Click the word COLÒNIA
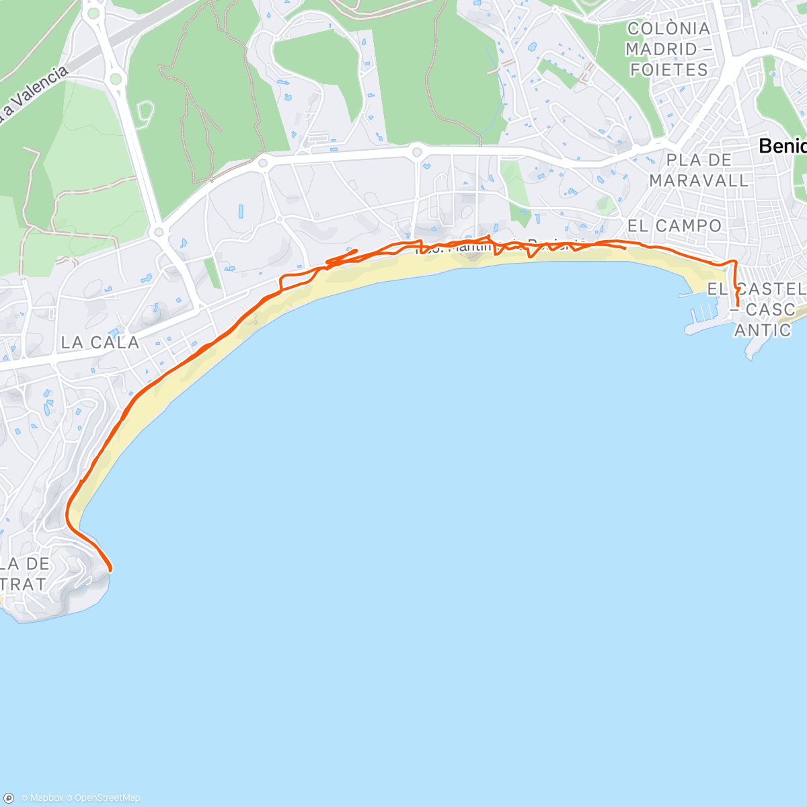coord(668,28)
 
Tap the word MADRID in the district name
coord(652,49)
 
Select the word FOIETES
coord(669,70)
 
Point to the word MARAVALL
coord(699,180)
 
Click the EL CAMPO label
coord(674,226)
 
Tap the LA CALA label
coord(100,342)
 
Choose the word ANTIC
coord(763,330)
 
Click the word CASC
coord(771,309)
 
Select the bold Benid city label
coord(782,146)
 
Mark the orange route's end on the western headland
coord(110,570)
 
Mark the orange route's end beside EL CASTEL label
coord(738,307)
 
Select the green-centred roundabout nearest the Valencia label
coord(116,79)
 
